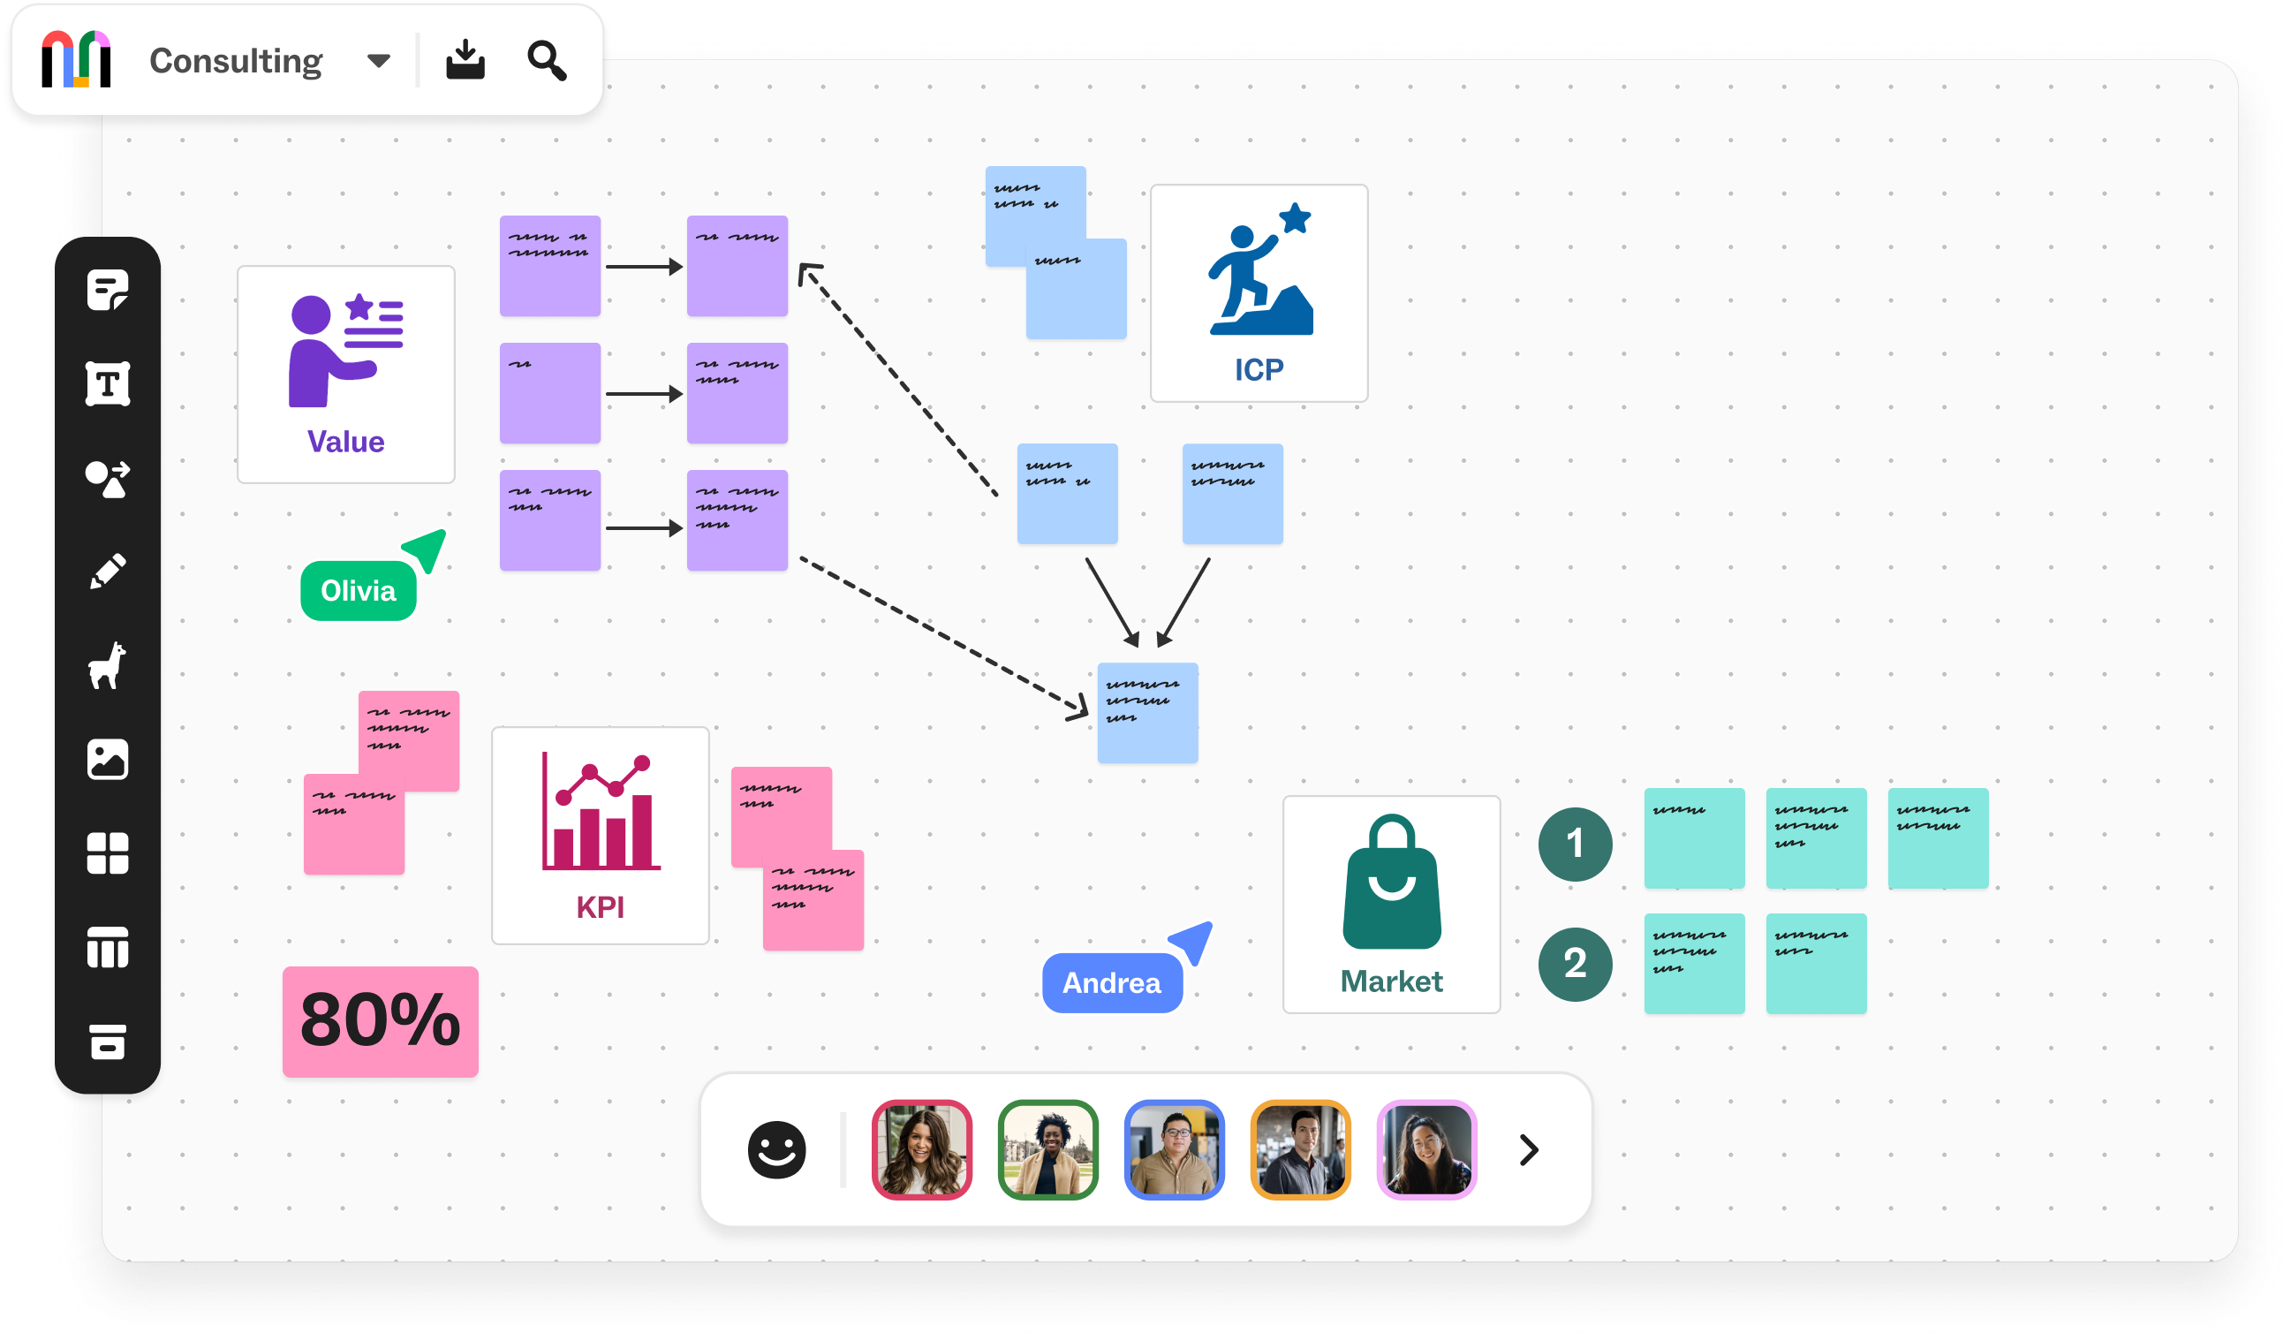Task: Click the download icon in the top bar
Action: point(465,60)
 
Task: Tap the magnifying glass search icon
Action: point(547,60)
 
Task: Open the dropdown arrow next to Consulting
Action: point(378,61)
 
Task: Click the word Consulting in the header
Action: point(236,61)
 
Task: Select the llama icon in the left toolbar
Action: point(107,664)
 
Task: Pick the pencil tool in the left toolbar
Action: point(107,571)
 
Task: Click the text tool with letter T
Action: point(107,383)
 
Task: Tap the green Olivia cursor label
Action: point(359,591)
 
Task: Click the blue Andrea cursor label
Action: point(1111,983)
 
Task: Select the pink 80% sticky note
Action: point(380,1021)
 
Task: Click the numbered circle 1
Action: point(1575,844)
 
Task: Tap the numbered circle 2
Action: point(1575,964)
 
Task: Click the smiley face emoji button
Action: point(776,1149)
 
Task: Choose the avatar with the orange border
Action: point(1300,1149)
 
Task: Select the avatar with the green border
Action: point(1047,1149)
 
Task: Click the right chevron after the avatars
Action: point(1529,1149)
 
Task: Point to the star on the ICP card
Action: point(1295,218)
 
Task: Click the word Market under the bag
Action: point(1391,981)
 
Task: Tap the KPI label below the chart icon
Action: point(600,906)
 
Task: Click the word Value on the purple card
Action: point(345,442)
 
